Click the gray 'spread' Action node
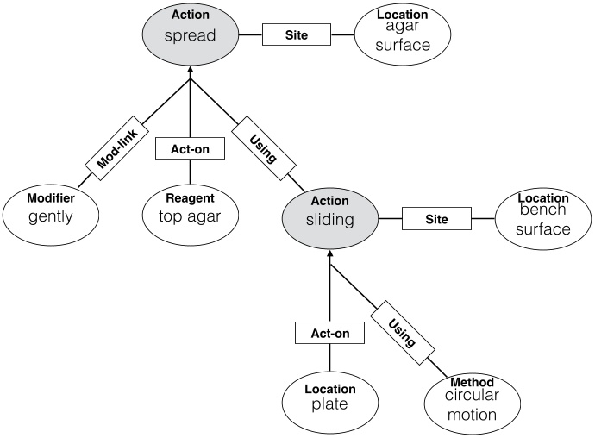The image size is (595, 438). [190, 33]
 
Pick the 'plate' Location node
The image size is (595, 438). [330, 398]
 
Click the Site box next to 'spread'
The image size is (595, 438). [296, 35]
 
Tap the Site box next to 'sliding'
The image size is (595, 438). [435, 219]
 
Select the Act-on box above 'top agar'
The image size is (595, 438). [190, 148]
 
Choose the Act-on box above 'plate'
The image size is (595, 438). [329, 333]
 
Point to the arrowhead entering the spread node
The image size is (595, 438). [190, 81]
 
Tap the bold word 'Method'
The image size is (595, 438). [472, 382]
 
